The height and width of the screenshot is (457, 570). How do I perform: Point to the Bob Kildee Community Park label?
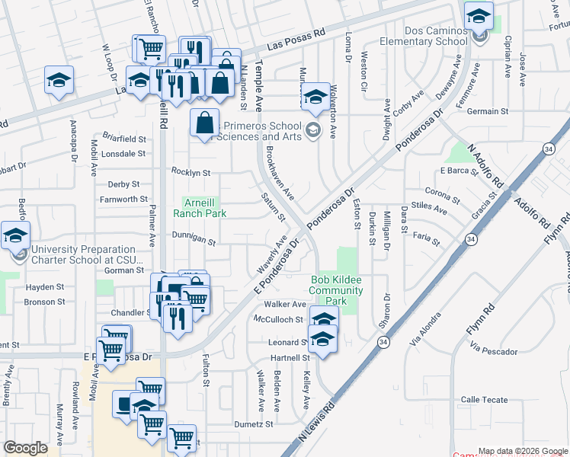[x=336, y=290]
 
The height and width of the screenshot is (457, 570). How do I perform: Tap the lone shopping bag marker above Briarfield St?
[x=205, y=122]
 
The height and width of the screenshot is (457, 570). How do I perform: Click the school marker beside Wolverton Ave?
[x=315, y=97]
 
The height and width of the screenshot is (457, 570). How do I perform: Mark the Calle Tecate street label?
[x=485, y=400]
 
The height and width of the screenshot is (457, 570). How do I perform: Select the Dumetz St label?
[x=254, y=424]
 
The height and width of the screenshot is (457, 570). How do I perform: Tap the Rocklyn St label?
[x=191, y=173]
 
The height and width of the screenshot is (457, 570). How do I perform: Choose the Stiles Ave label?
[x=428, y=206]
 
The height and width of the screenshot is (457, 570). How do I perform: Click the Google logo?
[x=26, y=447]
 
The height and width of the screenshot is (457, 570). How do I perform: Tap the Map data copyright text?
[x=524, y=451]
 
